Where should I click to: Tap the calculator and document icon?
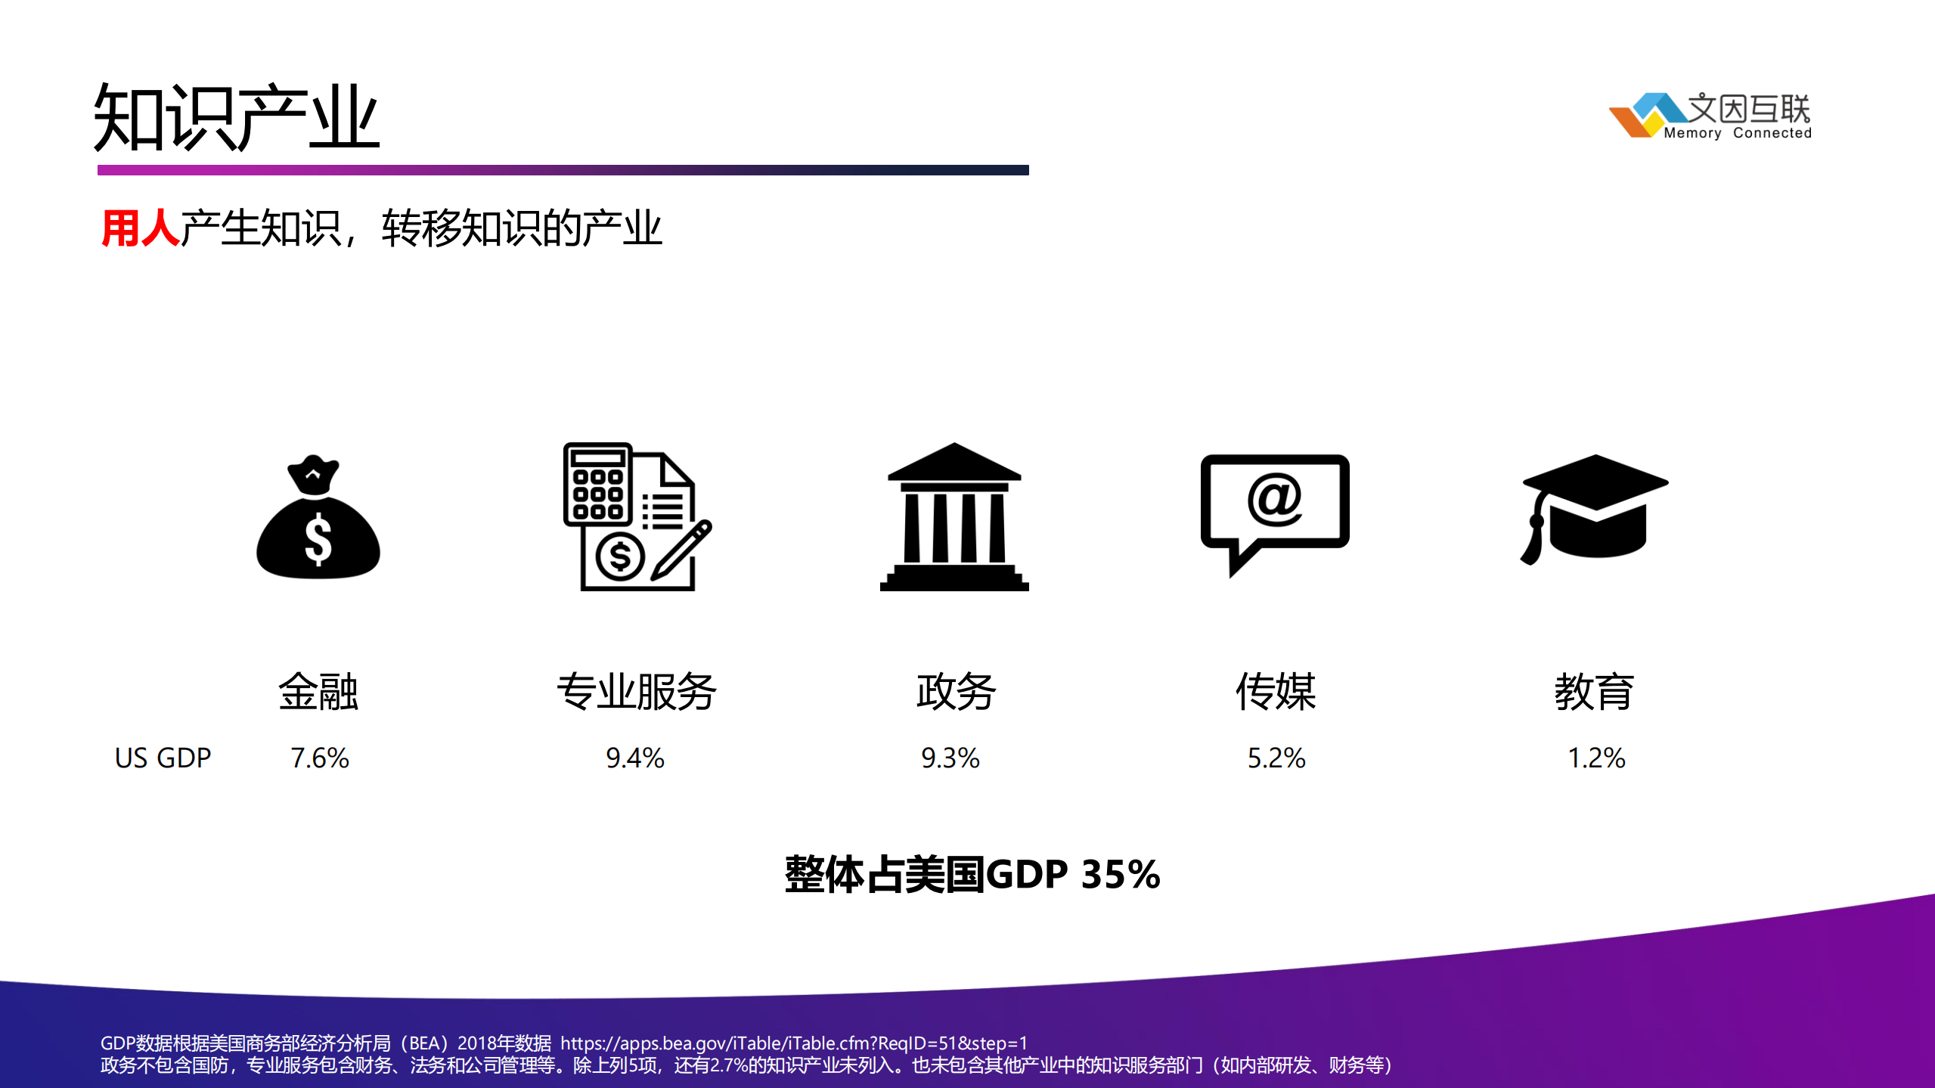coord(637,516)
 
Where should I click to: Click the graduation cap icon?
coord(1595,508)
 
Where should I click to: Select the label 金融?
coord(318,691)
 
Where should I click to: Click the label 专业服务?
coord(637,691)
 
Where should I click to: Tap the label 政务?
coord(956,691)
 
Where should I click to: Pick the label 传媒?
coord(1276,691)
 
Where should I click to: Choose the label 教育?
coord(1594,691)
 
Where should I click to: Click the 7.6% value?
coord(320,758)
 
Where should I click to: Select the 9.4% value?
coord(635,758)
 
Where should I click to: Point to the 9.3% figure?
coord(950,758)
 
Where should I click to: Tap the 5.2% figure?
coord(1276,758)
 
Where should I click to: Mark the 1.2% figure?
coord(1596,758)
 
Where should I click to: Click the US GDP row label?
coord(163,758)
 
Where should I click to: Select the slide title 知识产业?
coord(236,118)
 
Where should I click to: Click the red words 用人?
coord(140,228)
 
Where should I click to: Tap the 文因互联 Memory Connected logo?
coord(1710,116)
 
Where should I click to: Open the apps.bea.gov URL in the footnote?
coord(794,1043)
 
